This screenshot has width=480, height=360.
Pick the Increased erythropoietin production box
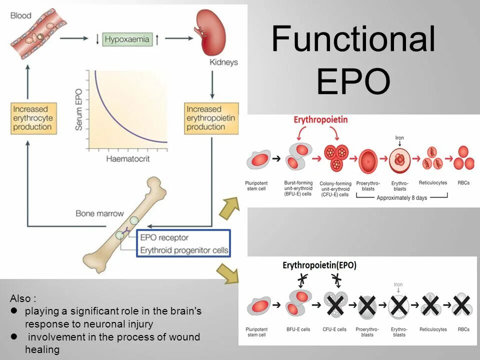tap(210, 118)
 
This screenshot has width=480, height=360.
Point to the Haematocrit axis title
tap(127, 159)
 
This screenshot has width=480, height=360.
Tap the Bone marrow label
tap(99, 213)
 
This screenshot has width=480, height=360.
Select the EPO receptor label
tap(164, 237)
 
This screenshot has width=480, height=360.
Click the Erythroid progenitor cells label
tap(184, 250)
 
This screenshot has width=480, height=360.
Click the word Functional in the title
tap(353, 38)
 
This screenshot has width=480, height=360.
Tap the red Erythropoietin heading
tap(320, 120)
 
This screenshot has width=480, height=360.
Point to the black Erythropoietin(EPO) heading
tap(319, 265)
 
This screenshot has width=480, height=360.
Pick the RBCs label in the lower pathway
tap(463, 329)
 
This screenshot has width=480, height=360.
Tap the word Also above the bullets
tap(23, 298)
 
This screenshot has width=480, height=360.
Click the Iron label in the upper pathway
tap(399, 137)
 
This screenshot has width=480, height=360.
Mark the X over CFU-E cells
tap(335, 305)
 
